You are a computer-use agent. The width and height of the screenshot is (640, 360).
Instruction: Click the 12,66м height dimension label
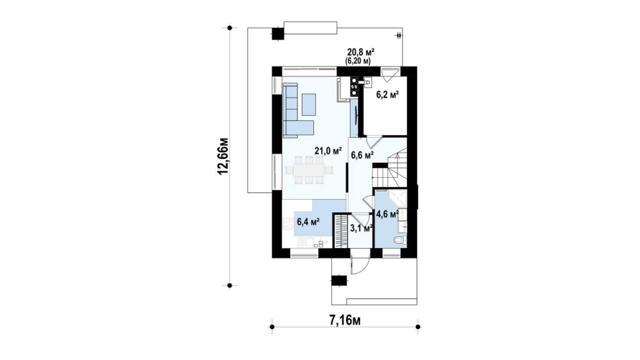224,157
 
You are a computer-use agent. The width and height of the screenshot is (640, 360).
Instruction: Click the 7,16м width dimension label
344,321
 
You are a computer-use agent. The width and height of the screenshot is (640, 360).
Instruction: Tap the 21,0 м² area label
328,151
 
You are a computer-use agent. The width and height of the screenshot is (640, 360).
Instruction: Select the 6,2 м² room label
387,95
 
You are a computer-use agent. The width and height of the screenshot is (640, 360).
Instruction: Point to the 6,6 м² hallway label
363,155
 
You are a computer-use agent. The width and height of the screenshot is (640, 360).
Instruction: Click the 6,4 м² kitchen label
307,222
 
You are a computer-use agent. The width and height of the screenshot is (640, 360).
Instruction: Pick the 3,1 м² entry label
361,228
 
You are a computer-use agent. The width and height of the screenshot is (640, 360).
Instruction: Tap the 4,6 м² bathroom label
387,214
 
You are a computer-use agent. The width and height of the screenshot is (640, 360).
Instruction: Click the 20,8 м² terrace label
361,52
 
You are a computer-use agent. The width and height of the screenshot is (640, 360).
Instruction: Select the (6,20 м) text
358,61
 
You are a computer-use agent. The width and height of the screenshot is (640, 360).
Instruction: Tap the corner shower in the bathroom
398,198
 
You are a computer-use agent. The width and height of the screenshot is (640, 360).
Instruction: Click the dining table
309,170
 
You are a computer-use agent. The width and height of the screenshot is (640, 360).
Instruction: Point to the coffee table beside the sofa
309,104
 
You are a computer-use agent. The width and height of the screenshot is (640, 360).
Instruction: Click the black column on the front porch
339,281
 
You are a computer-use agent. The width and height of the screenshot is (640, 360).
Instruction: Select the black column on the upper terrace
277,33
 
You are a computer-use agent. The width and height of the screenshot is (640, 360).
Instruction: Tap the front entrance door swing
359,266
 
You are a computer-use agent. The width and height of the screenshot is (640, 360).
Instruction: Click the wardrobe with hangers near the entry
339,230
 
